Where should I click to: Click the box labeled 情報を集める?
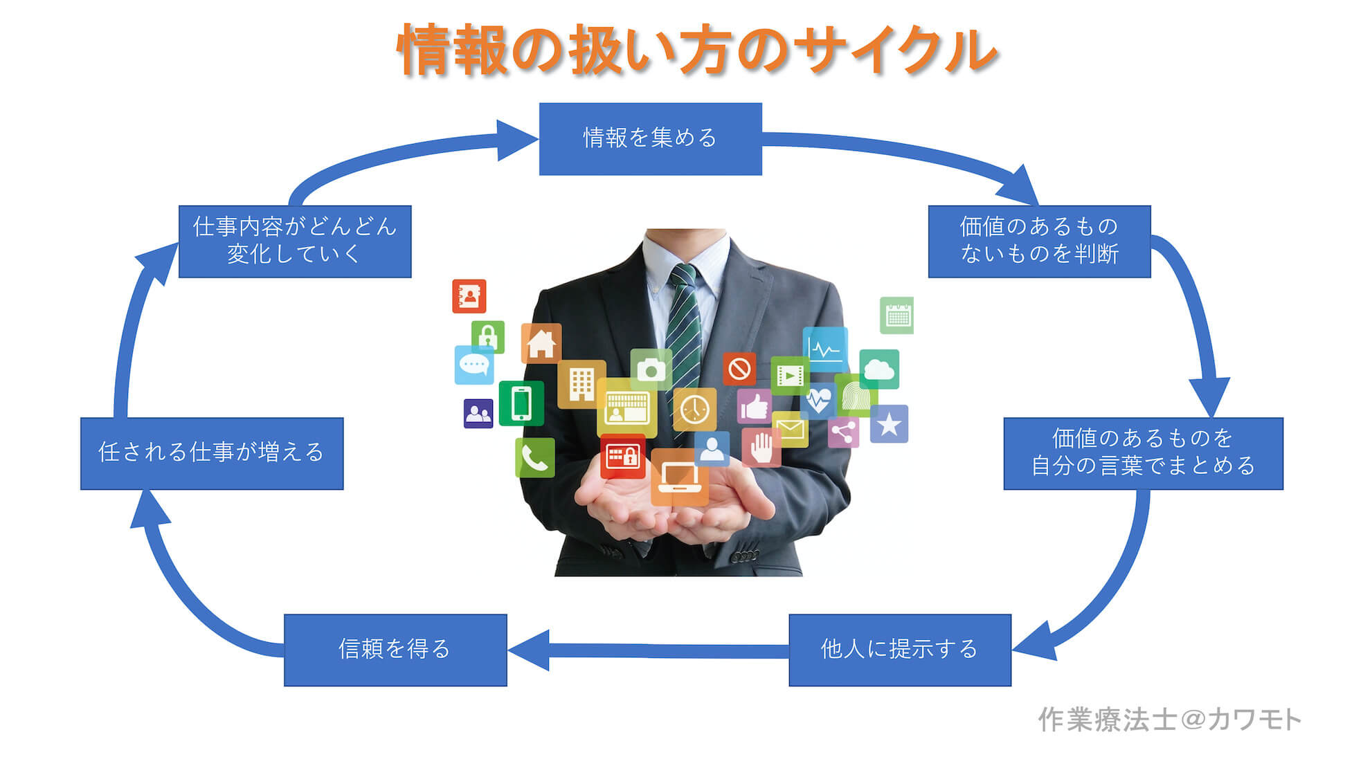(x=650, y=139)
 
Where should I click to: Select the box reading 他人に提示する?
(x=900, y=650)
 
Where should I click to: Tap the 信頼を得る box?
(x=395, y=650)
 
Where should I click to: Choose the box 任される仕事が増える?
(x=212, y=453)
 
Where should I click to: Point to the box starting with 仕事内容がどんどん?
(x=295, y=241)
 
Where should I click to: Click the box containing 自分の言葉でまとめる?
(x=1143, y=453)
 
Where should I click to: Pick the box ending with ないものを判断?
(x=1039, y=241)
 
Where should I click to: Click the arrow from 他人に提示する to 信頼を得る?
(x=649, y=650)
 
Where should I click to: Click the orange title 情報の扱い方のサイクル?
(x=697, y=50)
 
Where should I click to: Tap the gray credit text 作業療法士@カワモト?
(x=1169, y=720)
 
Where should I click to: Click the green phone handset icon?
(x=535, y=457)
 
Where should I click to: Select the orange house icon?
(x=541, y=343)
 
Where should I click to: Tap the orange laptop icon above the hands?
(x=679, y=477)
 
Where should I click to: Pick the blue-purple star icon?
(x=889, y=424)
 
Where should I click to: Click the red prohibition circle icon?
(x=739, y=369)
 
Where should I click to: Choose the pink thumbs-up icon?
(x=754, y=406)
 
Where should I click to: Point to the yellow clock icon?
(x=694, y=410)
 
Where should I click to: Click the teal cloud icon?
(x=879, y=369)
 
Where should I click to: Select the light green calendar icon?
(x=897, y=316)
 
